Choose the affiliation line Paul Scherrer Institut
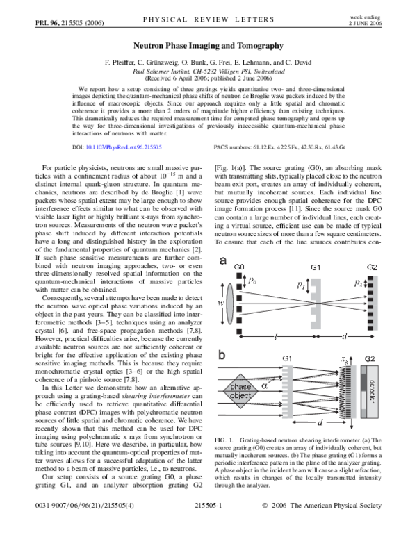(208, 72)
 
